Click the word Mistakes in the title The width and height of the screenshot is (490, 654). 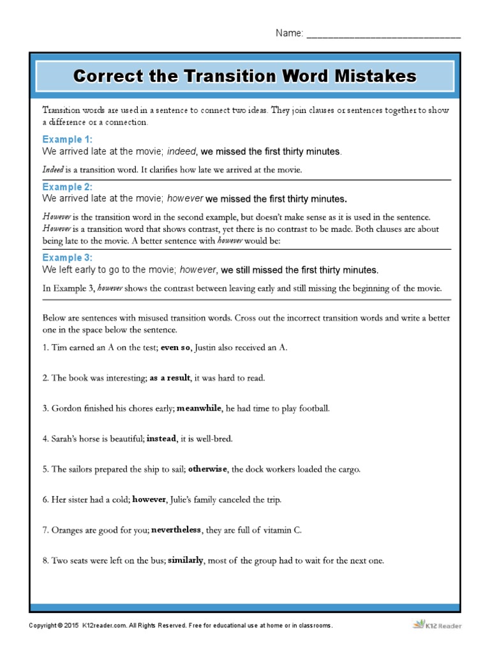(x=373, y=77)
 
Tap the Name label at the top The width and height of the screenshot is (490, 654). (x=289, y=33)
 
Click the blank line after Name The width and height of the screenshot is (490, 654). (x=383, y=34)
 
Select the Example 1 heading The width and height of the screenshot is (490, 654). (x=67, y=139)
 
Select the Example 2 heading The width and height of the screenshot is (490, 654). (x=67, y=187)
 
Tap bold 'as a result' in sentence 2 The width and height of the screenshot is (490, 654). (x=170, y=378)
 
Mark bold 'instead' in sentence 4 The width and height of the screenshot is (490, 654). (x=161, y=439)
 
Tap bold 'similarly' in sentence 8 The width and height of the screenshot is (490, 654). (x=186, y=561)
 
